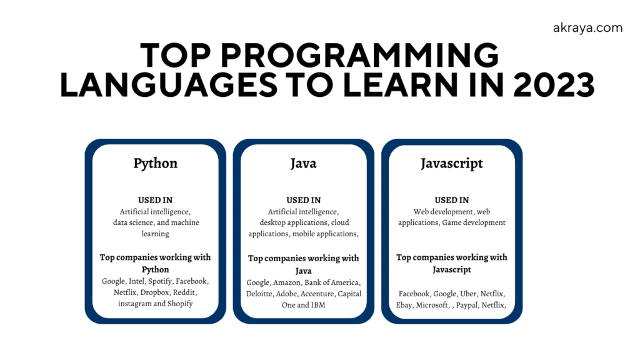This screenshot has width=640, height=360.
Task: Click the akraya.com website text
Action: [x=587, y=28]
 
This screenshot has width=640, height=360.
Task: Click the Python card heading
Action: [x=155, y=163]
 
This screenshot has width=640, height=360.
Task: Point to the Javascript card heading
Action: [x=452, y=163]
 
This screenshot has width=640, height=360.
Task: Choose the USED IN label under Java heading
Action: [x=303, y=200]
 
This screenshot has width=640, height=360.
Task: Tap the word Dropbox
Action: [x=151, y=292]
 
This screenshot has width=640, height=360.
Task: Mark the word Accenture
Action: [x=322, y=294]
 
